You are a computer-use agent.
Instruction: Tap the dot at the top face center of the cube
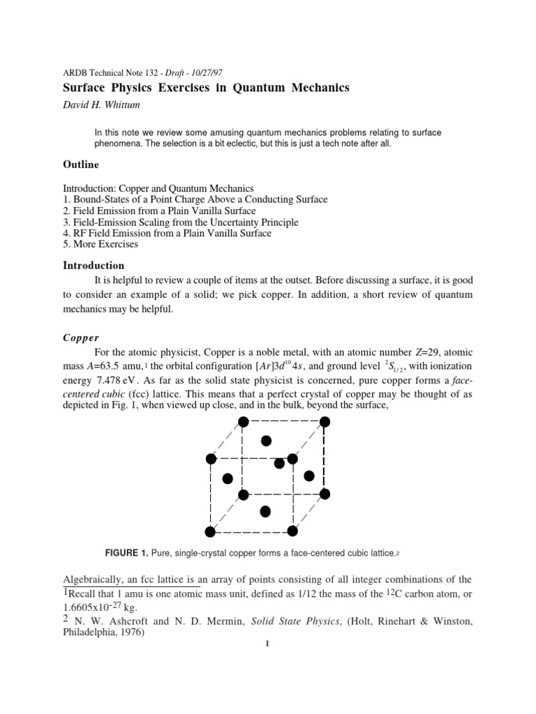265,441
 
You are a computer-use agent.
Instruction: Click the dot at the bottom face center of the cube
265,512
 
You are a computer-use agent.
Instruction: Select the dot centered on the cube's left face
227,478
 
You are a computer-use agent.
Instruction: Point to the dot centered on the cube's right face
309,476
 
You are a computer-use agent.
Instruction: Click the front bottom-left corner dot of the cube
211,533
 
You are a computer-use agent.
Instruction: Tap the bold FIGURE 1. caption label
126,554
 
